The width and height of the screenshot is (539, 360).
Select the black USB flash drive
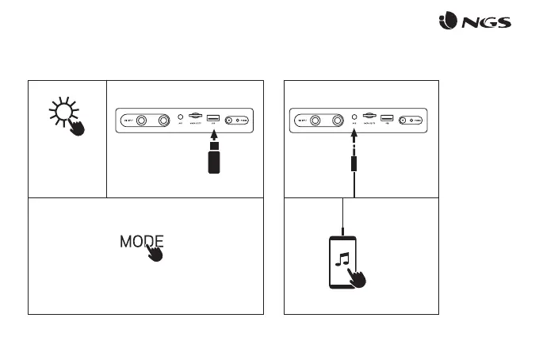212,159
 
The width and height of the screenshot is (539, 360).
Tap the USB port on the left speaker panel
212,120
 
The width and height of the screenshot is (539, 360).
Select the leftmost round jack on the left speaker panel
142,121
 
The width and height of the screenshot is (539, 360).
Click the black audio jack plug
353,163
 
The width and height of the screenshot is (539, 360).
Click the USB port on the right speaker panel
386,120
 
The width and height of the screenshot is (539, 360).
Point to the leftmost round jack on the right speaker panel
315,121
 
